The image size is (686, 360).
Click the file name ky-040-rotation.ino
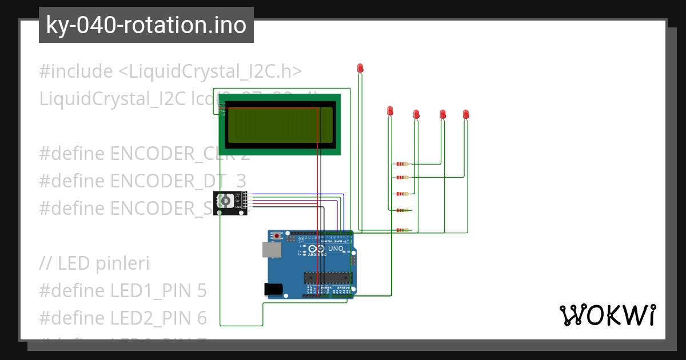(x=146, y=25)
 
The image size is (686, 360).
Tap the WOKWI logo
(x=607, y=315)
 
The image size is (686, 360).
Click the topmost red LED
(x=360, y=68)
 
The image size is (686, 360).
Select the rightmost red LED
(x=466, y=114)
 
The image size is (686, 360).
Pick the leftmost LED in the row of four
(x=390, y=110)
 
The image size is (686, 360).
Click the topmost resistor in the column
(x=402, y=164)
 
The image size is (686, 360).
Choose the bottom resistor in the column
(x=402, y=230)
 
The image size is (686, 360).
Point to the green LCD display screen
(x=280, y=124)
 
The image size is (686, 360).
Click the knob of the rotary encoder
(x=225, y=201)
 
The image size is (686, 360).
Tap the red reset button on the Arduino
(x=278, y=235)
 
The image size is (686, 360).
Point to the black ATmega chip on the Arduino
(x=327, y=278)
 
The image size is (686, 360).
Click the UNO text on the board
(x=336, y=249)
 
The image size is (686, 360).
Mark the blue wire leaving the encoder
(x=297, y=194)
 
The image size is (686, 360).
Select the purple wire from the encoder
(x=297, y=197)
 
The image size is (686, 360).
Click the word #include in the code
(x=76, y=72)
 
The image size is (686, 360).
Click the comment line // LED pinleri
(x=94, y=264)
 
